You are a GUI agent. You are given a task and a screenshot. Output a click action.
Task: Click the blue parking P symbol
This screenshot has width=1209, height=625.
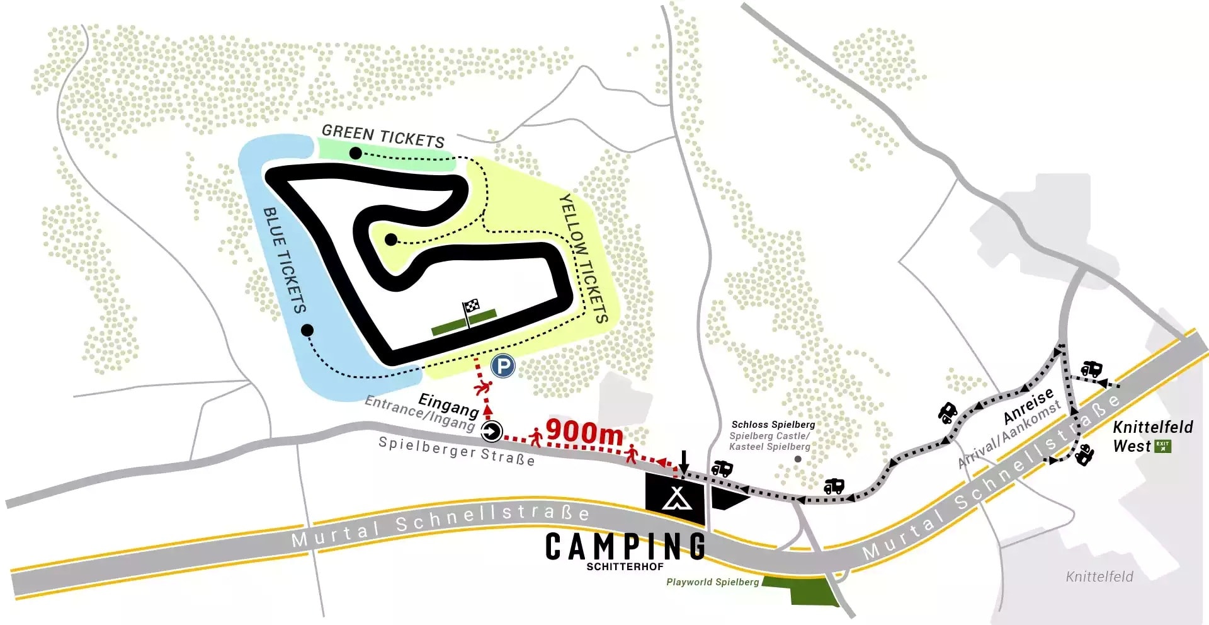coord(502,366)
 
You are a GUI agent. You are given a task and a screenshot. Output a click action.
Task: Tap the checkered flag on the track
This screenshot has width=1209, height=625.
coord(472,307)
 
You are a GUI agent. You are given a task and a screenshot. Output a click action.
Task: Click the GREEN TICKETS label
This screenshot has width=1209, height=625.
coord(383,135)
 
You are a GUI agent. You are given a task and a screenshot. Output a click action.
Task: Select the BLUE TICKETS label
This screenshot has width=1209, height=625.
coord(285,260)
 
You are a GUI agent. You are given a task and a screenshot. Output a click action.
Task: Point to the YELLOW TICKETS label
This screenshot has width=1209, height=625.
coord(584,258)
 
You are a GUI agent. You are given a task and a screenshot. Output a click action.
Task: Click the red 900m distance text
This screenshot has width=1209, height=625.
coord(584,432)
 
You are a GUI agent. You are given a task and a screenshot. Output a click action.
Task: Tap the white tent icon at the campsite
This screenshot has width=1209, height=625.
coord(676,498)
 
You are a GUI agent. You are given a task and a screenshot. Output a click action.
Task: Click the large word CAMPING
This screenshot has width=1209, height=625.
coord(625,546)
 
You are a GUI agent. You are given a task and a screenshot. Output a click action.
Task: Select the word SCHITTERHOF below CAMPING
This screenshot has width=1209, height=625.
coord(625,567)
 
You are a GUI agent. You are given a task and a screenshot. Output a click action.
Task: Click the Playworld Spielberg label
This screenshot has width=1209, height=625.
coord(712,582)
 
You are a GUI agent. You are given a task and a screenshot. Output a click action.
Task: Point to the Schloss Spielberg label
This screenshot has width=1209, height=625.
coord(773,425)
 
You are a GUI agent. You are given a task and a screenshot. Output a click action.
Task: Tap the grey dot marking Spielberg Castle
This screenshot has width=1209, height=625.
coord(798,459)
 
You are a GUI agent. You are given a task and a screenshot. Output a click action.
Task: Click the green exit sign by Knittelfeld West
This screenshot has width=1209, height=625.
coord(1162,446)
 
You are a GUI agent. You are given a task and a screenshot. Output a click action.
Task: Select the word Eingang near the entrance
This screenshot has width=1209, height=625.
coord(448,404)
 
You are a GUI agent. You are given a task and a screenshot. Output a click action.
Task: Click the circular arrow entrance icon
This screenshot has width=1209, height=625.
coord(491,432)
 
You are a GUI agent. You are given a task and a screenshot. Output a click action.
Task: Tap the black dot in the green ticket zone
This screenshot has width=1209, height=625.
coord(355,153)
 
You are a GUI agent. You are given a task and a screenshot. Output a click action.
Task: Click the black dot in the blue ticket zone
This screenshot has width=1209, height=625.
coord(307,330)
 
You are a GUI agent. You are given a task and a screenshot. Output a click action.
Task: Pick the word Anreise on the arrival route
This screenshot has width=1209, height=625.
coord(1028,406)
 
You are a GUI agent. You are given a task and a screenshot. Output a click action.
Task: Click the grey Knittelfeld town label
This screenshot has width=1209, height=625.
coord(1099,576)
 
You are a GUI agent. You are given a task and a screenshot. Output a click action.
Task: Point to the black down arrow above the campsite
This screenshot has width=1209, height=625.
coord(684,463)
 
